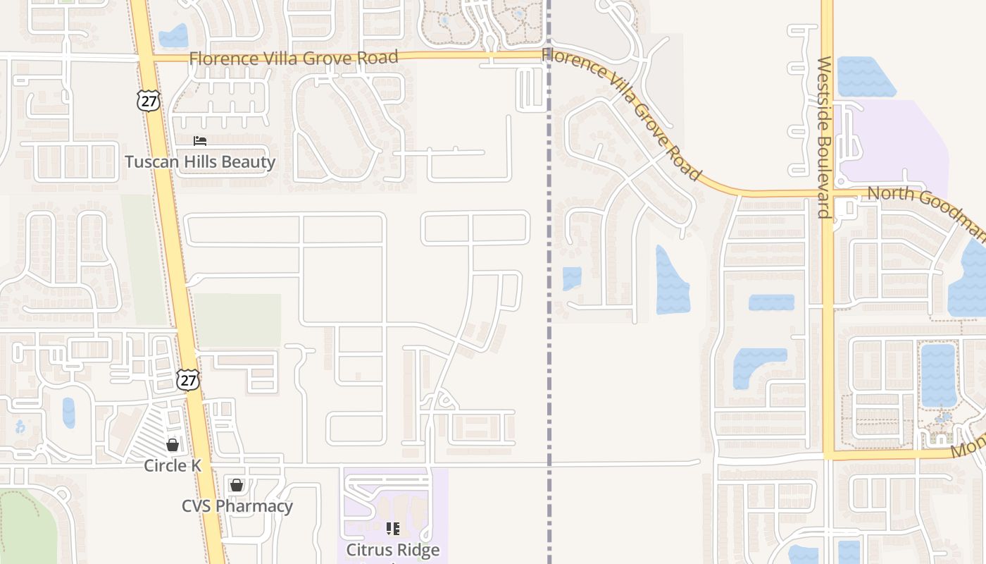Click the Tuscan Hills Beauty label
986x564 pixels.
coord(200,162)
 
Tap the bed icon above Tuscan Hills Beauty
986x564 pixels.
coord(200,141)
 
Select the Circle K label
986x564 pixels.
coord(173,466)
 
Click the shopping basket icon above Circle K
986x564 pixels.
coord(173,445)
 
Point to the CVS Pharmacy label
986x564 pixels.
coord(237,506)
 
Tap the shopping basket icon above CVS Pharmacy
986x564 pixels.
coord(237,485)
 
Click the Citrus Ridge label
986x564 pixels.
coord(393,550)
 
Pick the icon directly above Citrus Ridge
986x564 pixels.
coord(393,528)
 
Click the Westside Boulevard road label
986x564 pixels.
coord(825,137)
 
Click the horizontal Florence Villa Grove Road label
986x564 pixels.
coord(294,58)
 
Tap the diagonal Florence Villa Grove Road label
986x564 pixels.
coord(623,113)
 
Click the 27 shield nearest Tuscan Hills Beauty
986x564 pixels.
coord(148,100)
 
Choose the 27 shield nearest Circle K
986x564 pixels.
coord(188,380)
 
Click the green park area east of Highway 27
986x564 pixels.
coord(237,320)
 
